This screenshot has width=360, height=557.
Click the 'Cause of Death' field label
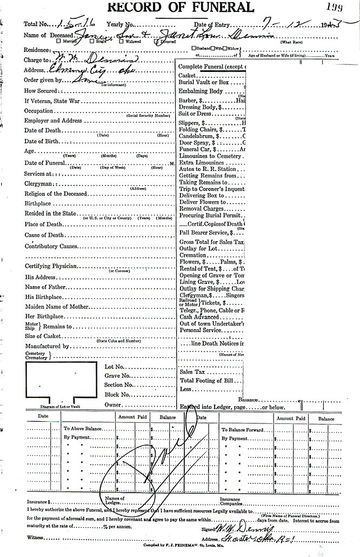point(44,235)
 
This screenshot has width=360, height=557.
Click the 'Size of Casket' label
point(44,336)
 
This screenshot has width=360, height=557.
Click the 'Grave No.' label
point(117,376)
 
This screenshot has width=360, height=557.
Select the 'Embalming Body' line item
point(201,91)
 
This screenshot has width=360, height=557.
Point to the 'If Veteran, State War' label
point(52,101)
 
